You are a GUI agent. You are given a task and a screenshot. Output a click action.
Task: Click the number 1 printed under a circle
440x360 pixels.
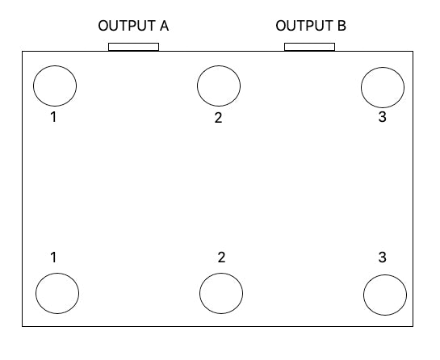53,117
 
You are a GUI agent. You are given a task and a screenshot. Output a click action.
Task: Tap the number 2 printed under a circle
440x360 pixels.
218,118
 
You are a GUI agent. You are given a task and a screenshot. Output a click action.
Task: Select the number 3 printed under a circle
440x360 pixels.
382,117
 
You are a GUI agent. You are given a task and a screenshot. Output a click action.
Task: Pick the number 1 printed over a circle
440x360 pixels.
53,257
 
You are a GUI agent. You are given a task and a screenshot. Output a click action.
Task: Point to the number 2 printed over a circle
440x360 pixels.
221,257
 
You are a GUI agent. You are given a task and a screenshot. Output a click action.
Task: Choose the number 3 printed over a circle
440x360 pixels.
382,257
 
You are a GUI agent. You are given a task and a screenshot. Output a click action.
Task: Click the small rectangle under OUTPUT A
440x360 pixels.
133,47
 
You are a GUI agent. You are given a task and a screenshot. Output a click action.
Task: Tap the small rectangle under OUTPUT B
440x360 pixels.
309,47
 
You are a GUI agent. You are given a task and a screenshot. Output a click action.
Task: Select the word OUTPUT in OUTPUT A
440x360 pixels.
127,26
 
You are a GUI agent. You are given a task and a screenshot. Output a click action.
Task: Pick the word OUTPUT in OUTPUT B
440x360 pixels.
304,26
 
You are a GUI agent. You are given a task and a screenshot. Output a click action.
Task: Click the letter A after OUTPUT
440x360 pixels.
164,26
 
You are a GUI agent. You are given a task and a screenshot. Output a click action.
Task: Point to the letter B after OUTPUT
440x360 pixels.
342,26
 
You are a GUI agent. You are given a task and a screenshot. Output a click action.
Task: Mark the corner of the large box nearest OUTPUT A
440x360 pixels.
23,52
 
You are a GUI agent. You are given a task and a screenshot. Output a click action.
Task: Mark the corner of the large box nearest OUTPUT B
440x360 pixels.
413,52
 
